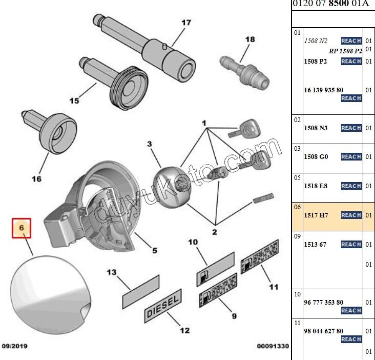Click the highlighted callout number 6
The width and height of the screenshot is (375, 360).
click(x=22, y=228)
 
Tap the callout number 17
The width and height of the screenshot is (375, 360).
click(x=186, y=23)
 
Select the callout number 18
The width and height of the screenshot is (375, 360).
click(x=249, y=39)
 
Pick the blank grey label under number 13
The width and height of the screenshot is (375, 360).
click(x=140, y=292)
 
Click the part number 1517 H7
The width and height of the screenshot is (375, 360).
click(x=316, y=215)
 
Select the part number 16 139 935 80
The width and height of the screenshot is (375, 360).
click(x=323, y=90)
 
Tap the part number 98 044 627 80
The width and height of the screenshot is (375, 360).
click(x=323, y=331)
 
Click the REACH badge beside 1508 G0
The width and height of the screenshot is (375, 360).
click(x=351, y=157)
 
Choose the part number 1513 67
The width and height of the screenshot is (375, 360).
click(x=315, y=245)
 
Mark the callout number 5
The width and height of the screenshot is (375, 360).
click(x=154, y=251)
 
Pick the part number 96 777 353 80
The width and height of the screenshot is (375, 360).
click(x=323, y=303)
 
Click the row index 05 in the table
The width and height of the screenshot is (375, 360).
click(x=297, y=177)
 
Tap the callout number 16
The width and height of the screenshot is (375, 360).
click(x=36, y=179)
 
